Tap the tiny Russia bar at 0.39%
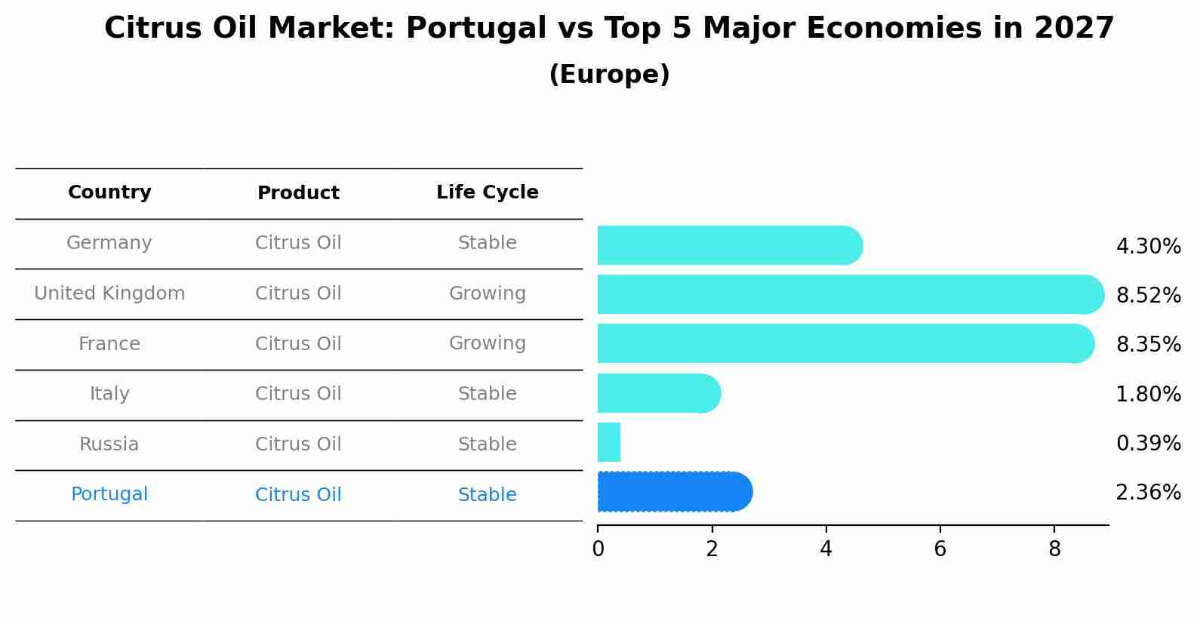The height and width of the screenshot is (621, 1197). [609, 442]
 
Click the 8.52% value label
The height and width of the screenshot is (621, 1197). [1148, 295]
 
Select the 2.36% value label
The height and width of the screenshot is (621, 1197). [1148, 493]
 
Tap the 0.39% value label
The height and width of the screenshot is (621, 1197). [1148, 444]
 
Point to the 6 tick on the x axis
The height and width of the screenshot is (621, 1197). [940, 549]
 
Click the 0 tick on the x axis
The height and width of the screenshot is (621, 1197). [598, 549]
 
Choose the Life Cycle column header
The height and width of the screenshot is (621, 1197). [487, 192]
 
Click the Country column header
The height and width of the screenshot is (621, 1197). [109, 192]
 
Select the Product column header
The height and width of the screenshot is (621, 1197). [298, 193]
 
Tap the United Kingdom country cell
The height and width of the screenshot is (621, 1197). [109, 294]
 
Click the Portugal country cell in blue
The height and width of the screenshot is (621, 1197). [109, 494]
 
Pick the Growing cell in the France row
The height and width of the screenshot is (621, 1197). [487, 343]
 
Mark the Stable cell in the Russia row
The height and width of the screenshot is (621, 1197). [487, 444]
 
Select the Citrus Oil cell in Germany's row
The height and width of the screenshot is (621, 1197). [298, 243]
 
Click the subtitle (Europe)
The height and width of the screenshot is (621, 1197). [609, 75]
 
